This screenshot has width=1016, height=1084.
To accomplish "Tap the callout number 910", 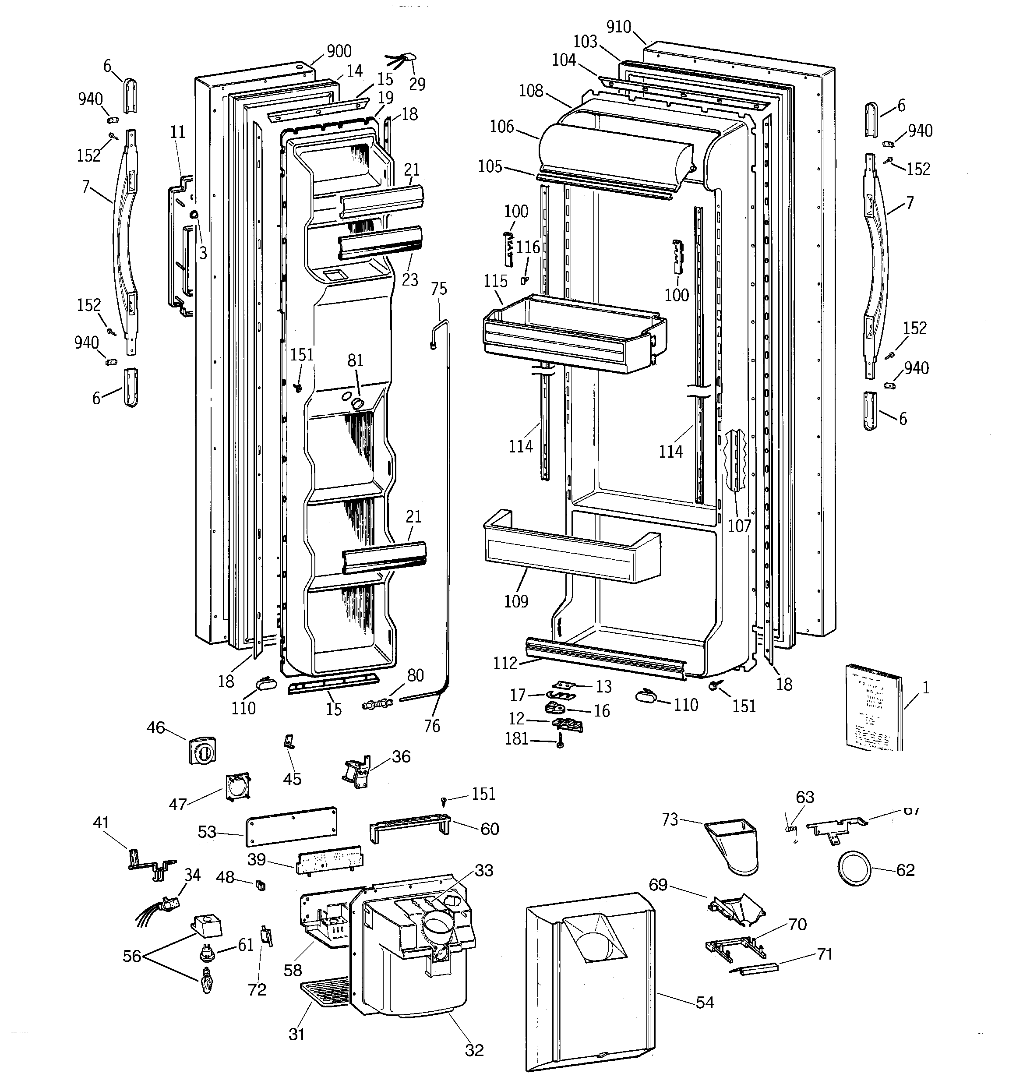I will (618, 27).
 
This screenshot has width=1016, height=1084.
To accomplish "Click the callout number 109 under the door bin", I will (516, 601).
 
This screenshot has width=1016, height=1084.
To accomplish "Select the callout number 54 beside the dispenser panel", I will (705, 1002).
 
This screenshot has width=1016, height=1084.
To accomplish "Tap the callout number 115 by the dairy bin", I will (495, 281).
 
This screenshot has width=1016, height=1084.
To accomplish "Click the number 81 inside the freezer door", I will (355, 360).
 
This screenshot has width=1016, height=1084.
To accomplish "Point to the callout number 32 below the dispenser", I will (474, 1050).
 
